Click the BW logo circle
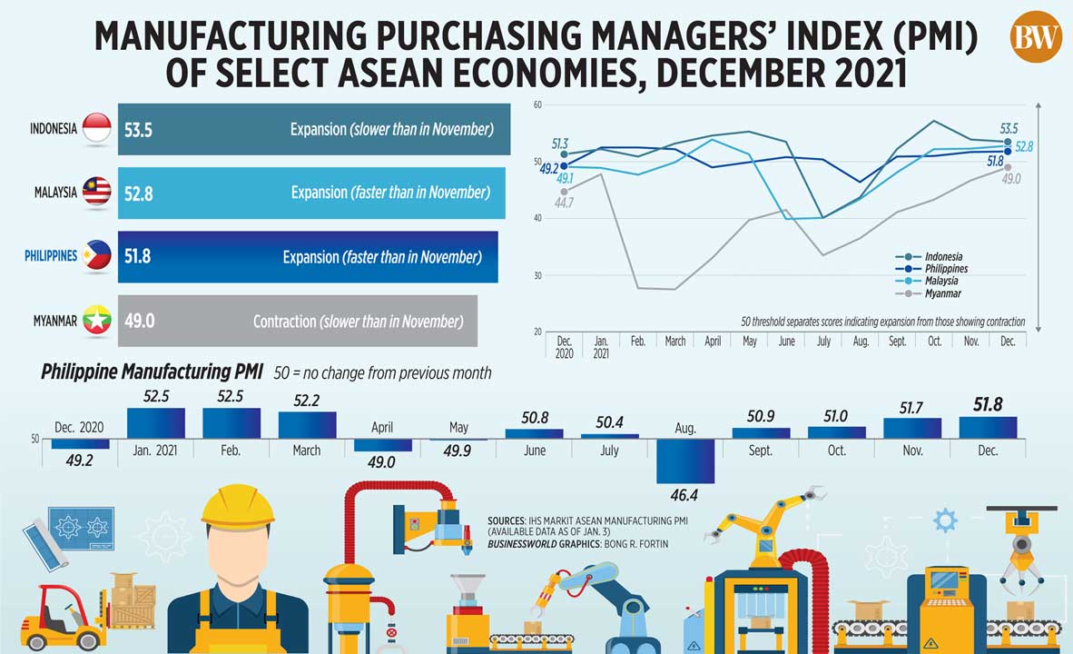pyautogui.click(x=1036, y=37)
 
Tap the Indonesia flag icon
pyautogui.click(x=96, y=129)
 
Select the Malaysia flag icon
pyautogui.click(x=96, y=193)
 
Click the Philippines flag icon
pyautogui.click(x=96, y=256)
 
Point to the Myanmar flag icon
pyautogui.click(x=96, y=321)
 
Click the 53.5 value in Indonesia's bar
pyautogui.click(x=138, y=130)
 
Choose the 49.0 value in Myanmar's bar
pyautogui.click(x=138, y=322)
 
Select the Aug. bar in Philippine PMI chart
pyautogui.click(x=685, y=461)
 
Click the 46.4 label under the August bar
pyautogui.click(x=685, y=495)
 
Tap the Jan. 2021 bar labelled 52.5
pyautogui.click(x=156, y=423)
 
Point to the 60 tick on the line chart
pyautogui.click(x=537, y=105)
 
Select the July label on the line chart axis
pyautogui.click(x=823, y=342)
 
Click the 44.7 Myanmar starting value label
pyautogui.click(x=563, y=203)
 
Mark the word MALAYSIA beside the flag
pyautogui.click(x=55, y=193)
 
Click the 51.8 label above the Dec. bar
pyautogui.click(x=988, y=404)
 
